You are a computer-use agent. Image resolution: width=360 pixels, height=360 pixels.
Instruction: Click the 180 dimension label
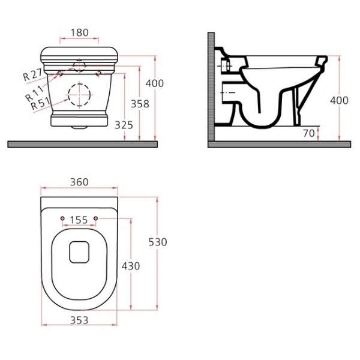79,32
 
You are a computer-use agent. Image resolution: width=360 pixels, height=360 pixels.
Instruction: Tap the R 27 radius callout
32,74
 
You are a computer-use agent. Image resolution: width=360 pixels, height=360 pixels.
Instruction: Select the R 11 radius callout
34,94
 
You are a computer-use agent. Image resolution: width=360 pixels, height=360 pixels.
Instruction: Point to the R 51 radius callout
40,103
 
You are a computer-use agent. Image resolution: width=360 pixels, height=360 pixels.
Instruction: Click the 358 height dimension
140,104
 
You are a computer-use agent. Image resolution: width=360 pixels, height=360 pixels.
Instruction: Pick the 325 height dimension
124,125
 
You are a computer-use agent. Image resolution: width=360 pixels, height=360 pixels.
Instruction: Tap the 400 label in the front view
155,83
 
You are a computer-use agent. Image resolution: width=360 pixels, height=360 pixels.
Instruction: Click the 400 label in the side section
339,100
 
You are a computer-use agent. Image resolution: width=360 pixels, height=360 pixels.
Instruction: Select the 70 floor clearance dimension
308,133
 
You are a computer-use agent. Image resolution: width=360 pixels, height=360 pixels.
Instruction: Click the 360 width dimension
79,182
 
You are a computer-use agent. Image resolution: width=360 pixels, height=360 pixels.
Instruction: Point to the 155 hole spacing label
79,220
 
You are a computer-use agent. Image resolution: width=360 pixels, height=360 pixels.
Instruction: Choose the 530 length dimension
158,242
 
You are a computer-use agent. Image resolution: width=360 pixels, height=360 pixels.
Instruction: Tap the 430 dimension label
131,266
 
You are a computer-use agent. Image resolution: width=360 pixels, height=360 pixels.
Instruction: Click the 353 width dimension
79,320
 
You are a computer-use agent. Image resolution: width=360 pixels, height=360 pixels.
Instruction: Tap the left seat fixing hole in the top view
62,218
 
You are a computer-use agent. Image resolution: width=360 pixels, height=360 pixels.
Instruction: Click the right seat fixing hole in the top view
96,218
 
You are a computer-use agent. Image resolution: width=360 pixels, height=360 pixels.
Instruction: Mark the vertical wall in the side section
211,87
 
